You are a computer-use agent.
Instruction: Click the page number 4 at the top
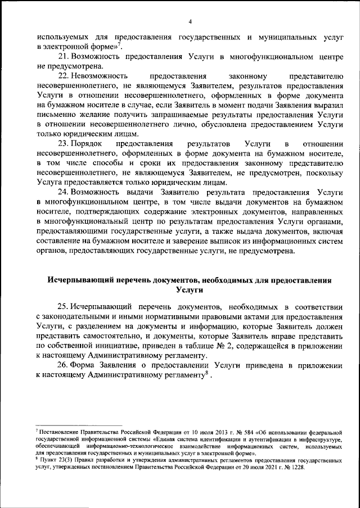click(191, 21)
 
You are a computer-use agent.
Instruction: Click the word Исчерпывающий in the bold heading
click(79, 279)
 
